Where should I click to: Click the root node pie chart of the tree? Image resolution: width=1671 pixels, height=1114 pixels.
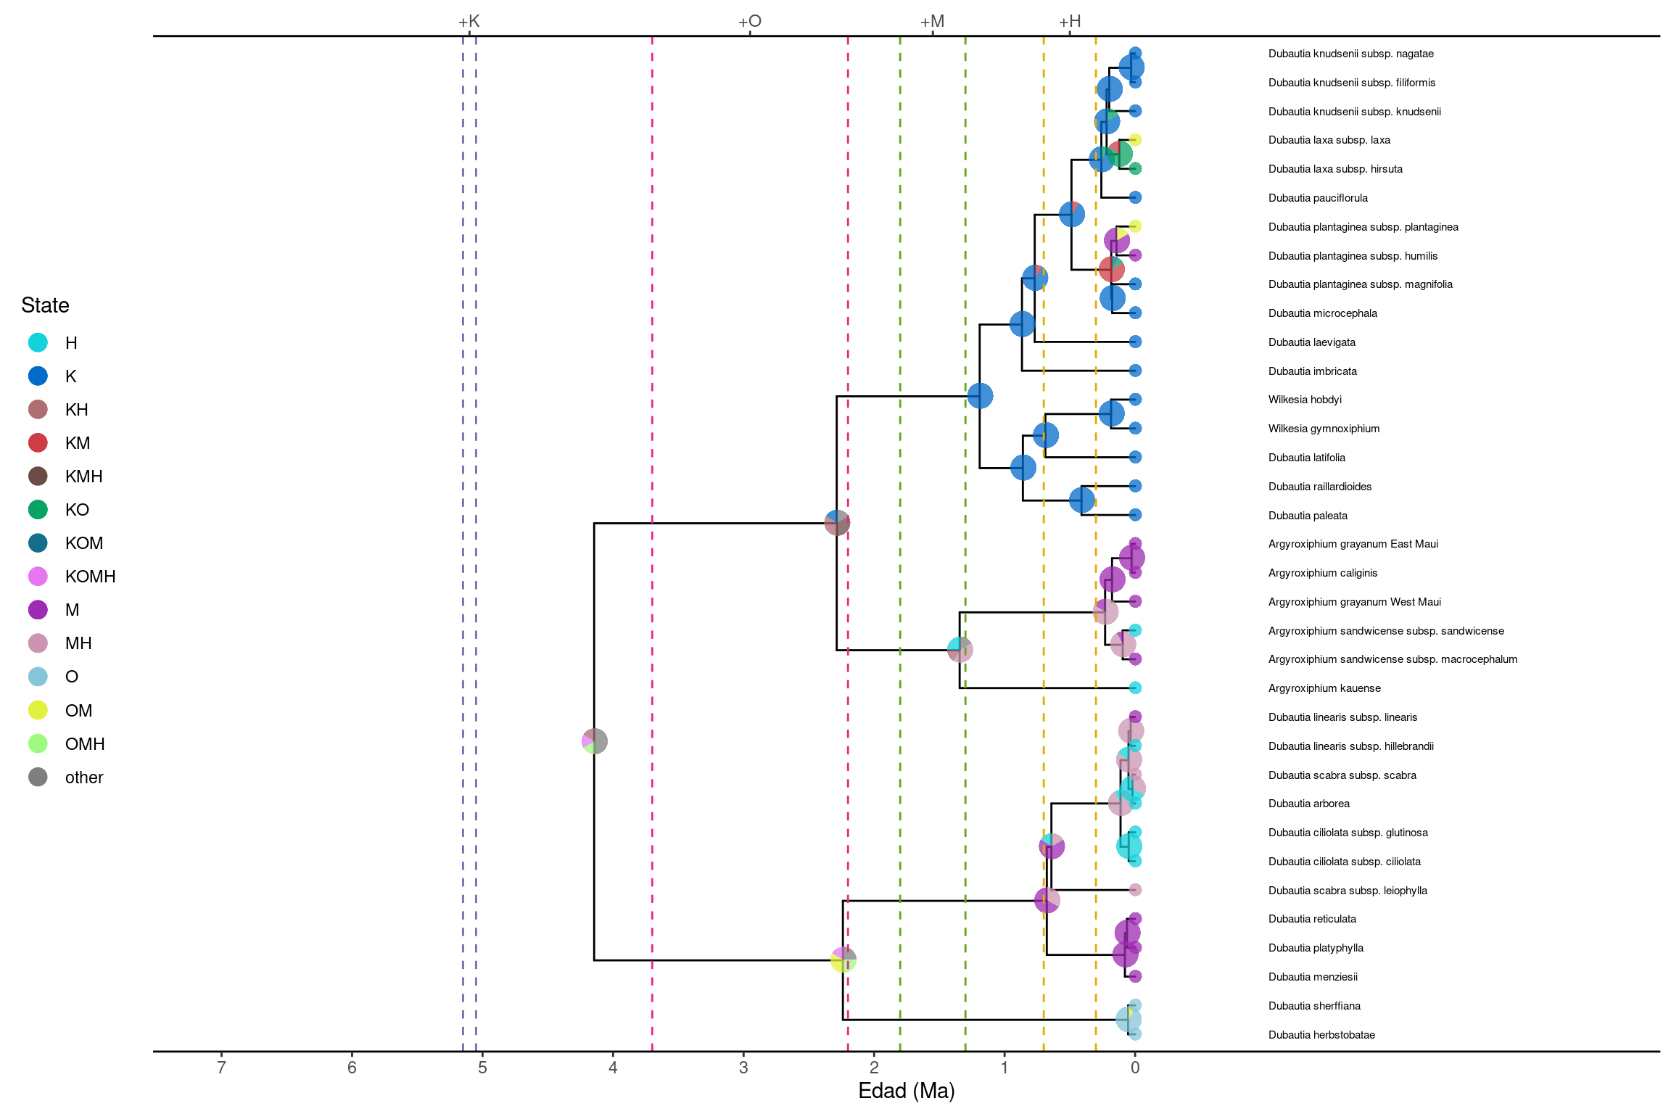[x=595, y=741]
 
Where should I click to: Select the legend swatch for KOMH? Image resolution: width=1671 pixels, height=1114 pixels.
[x=38, y=577]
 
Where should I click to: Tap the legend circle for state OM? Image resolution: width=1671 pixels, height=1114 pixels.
[x=38, y=710]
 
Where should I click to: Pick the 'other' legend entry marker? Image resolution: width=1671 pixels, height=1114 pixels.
[x=38, y=777]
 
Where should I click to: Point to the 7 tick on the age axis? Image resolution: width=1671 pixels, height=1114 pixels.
[x=221, y=1067]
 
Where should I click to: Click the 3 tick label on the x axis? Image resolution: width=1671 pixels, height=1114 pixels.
[x=743, y=1067]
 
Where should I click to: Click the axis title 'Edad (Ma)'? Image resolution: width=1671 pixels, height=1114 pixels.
[x=906, y=1091]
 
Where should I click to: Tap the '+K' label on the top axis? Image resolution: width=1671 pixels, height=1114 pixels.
[x=469, y=21]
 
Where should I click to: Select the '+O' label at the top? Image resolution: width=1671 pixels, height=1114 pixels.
[x=750, y=21]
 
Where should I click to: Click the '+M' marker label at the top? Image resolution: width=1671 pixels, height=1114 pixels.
[x=933, y=21]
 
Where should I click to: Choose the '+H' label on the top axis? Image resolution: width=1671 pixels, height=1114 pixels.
[x=1070, y=21]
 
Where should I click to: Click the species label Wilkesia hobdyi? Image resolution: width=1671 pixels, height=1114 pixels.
[x=1305, y=400]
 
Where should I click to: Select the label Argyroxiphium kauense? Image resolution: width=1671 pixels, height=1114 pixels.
[x=1324, y=688]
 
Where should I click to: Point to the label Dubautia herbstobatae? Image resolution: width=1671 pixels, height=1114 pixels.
[x=1321, y=1035]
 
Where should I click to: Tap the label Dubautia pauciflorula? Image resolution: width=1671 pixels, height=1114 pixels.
[x=1318, y=198]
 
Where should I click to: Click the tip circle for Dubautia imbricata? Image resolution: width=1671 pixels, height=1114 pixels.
[x=1135, y=371]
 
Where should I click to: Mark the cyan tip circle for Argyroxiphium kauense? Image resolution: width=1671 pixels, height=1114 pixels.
[x=1135, y=688]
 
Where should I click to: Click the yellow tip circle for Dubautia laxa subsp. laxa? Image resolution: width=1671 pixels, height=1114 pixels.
[x=1135, y=140]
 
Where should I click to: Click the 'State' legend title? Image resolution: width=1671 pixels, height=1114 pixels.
[x=45, y=305]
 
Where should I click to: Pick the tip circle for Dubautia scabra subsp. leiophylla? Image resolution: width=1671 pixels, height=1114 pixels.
[x=1135, y=890]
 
